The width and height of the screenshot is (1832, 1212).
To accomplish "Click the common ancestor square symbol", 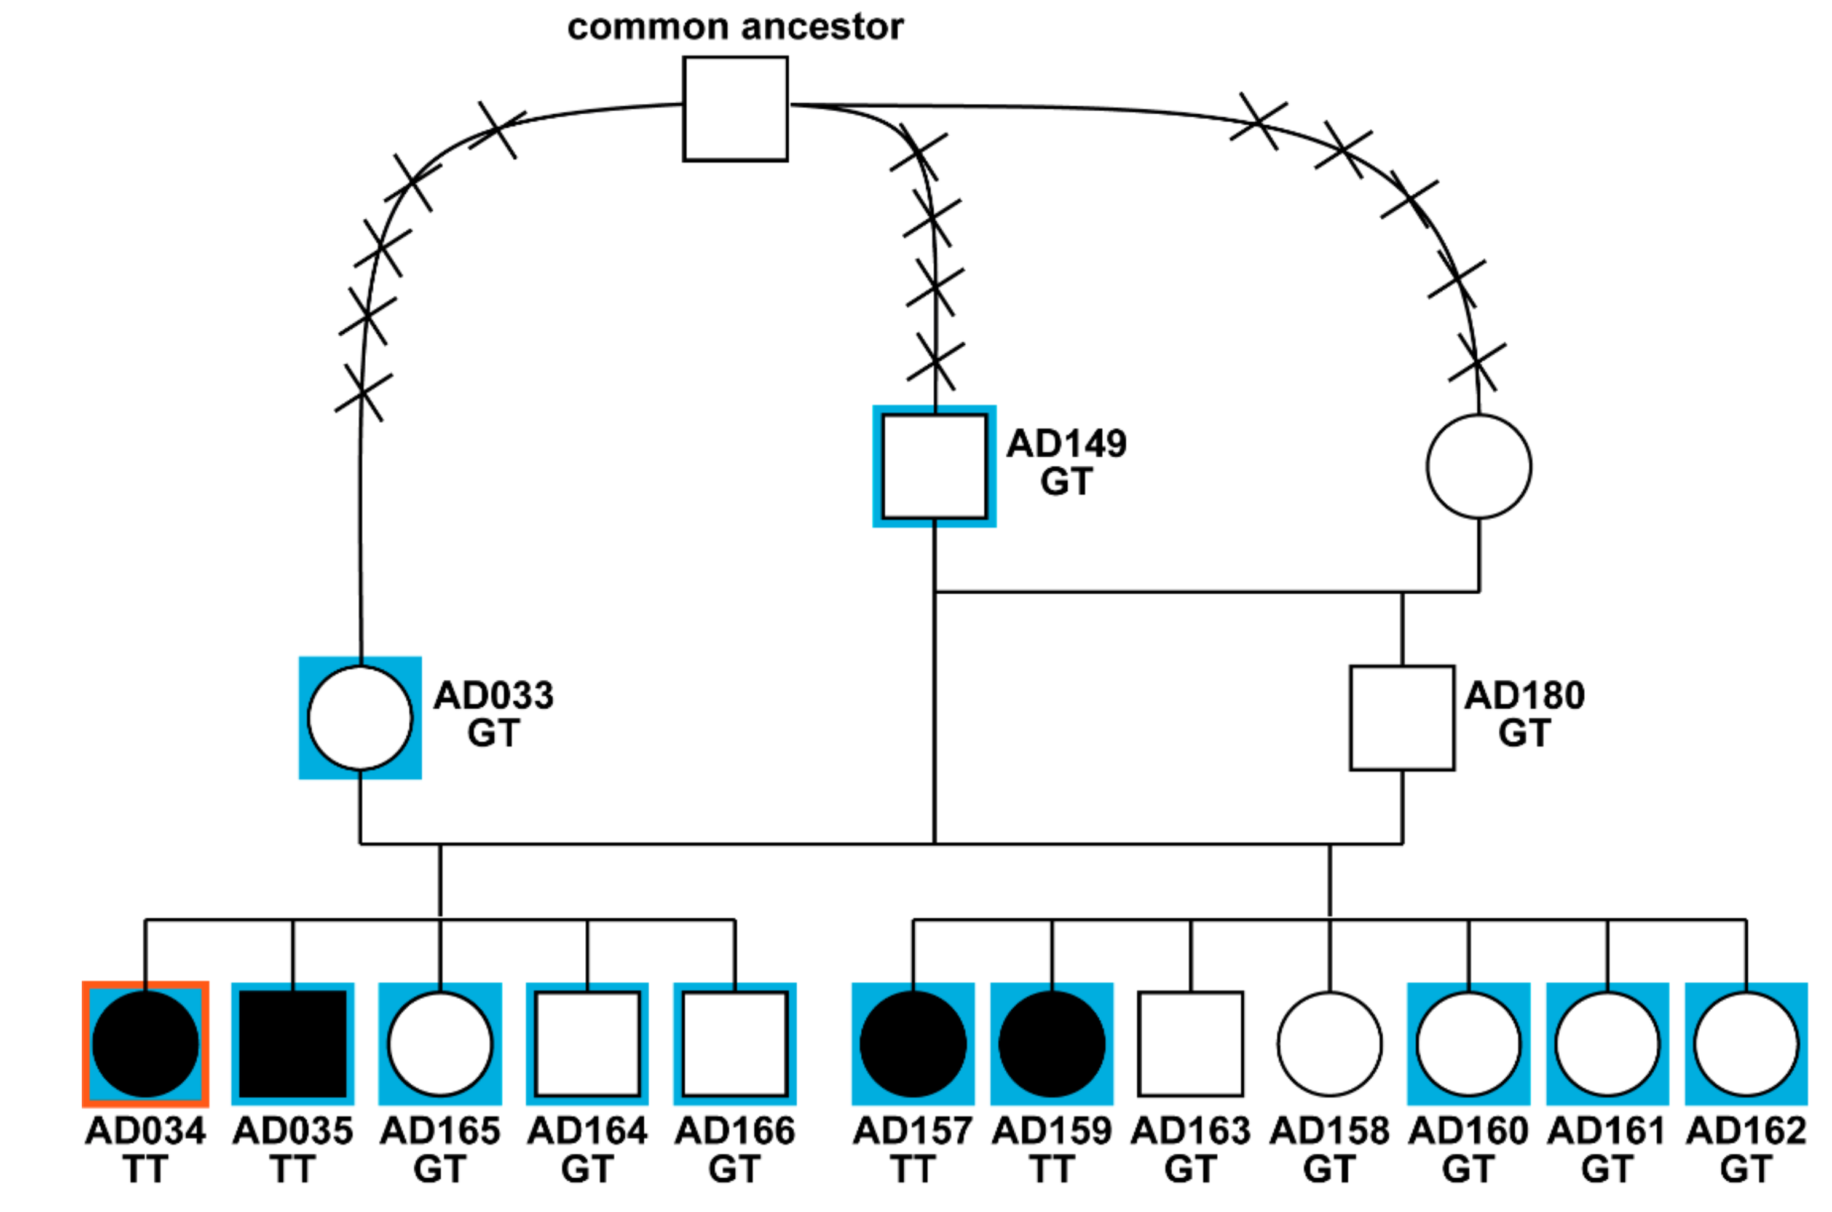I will tap(735, 108).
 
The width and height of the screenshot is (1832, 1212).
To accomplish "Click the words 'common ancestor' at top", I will tap(735, 27).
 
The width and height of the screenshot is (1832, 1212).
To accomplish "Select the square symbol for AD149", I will tap(934, 466).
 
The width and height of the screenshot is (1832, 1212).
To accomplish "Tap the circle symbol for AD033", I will tap(360, 718).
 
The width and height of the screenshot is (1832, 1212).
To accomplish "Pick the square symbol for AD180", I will tap(1402, 718).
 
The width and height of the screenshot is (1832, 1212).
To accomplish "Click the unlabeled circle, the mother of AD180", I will tap(1479, 466).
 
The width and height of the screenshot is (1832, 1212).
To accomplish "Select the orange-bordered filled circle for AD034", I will tap(145, 1044).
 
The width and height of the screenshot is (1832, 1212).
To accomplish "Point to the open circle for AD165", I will tap(440, 1044).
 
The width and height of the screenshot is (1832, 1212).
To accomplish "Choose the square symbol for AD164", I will tap(588, 1044).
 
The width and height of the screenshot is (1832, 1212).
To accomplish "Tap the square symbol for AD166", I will tap(735, 1044).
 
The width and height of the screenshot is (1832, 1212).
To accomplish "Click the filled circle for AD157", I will tap(913, 1044).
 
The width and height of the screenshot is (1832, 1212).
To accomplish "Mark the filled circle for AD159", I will tap(1052, 1044).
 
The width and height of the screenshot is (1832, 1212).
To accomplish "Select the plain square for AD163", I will tap(1190, 1044).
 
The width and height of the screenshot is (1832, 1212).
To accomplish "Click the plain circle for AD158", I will tap(1330, 1044).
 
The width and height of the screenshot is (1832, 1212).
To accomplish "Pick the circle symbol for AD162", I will tap(1746, 1044).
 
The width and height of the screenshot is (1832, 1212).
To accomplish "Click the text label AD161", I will tap(1607, 1131).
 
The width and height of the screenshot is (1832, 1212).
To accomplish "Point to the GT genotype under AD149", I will tap(1066, 482).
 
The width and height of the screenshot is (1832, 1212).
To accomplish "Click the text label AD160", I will tap(1468, 1131).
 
